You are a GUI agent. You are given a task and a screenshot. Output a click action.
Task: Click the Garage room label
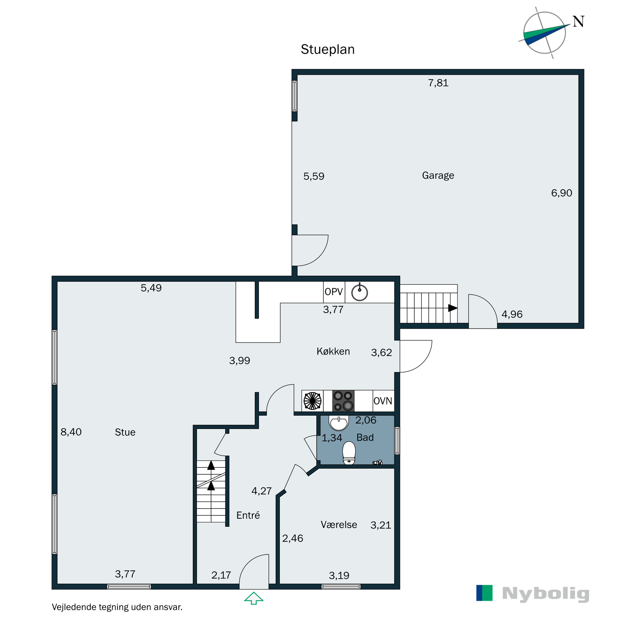click(x=438, y=175)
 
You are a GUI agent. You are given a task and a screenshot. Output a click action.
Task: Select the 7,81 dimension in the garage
click(x=438, y=83)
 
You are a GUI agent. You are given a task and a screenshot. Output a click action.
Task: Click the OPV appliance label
click(x=333, y=292)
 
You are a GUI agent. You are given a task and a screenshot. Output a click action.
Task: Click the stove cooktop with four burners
click(x=343, y=401)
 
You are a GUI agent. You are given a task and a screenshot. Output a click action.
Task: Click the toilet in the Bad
click(x=349, y=452)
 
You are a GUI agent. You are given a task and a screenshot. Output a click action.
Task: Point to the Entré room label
click(x=248, y=515)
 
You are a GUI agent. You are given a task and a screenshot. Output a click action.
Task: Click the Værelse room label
click(x=339, y=525)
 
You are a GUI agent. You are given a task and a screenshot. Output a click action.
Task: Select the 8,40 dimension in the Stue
click(x=71, y=432)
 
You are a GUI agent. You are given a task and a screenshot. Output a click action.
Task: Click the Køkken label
click(x=333, y=352)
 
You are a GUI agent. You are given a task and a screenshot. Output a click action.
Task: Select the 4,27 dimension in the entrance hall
click(x=261, y=491)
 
